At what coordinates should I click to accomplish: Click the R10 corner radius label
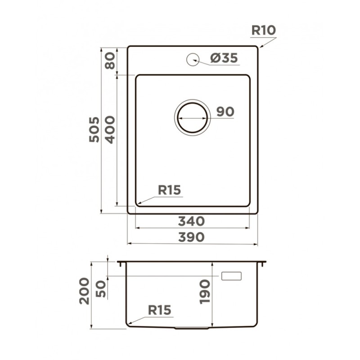(x=263, y=30)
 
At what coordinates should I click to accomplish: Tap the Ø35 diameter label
(x=224, y=58)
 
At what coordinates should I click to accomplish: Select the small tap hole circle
(x=193, y=59)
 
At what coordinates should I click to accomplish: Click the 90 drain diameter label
(x=225, y=112)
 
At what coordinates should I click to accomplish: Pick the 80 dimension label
(x=110, y=61)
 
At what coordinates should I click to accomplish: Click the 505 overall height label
(x=94, y=130)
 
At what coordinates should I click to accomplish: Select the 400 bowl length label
(x=110, y=130)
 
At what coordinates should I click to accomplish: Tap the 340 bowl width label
(x=191, y=221)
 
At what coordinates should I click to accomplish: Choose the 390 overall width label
(x=191, y=237)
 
